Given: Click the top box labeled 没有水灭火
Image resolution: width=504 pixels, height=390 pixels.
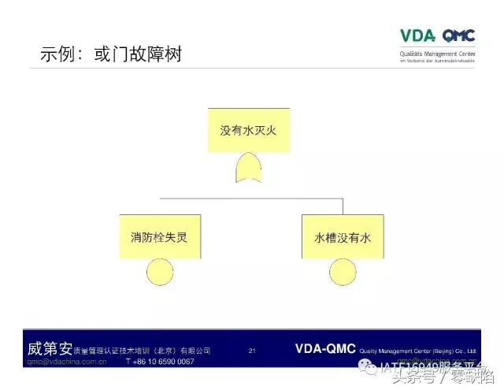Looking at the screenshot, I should click(x=248, y=130).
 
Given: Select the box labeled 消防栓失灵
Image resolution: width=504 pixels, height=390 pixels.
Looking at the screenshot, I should click(x=160, y=236).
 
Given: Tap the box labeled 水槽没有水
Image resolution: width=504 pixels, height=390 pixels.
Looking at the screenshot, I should click(x=343, y=236).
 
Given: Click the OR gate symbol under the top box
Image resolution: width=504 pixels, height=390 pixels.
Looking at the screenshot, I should click(x=248, y=167).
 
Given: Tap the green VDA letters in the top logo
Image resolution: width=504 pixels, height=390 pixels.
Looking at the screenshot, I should click(x=417, y=35).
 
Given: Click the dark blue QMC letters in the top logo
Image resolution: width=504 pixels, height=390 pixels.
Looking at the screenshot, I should click(x=458, y=35).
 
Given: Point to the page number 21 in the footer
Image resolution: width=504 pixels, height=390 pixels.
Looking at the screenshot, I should click(x=252, y=351).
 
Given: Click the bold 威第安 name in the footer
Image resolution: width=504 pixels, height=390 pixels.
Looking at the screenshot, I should click(x=49, y=349).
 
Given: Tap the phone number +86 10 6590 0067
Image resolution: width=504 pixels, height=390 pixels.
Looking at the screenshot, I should click(x=160, y=362).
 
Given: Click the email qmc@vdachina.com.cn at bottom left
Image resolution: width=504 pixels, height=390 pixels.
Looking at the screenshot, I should click(x=67, y=362).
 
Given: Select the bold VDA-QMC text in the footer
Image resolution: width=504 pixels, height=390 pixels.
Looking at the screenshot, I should click(x=325, y=348).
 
